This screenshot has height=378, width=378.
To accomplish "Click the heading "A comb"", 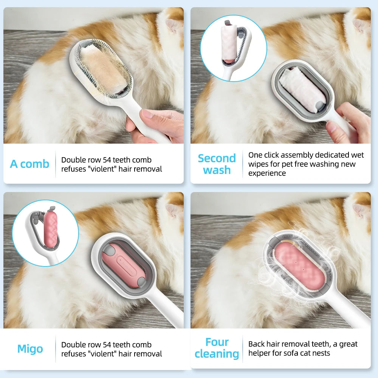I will [x=29, y=164].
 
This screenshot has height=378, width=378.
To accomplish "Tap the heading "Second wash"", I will [x=217, y=164].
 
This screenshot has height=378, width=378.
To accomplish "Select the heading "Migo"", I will [x=30, y=349].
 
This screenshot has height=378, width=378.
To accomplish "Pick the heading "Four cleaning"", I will [x=217, y=348].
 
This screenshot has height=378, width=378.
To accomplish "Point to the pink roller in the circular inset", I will [x=50, y=229].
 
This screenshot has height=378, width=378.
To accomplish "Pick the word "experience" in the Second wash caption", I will [x=267, y=173].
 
